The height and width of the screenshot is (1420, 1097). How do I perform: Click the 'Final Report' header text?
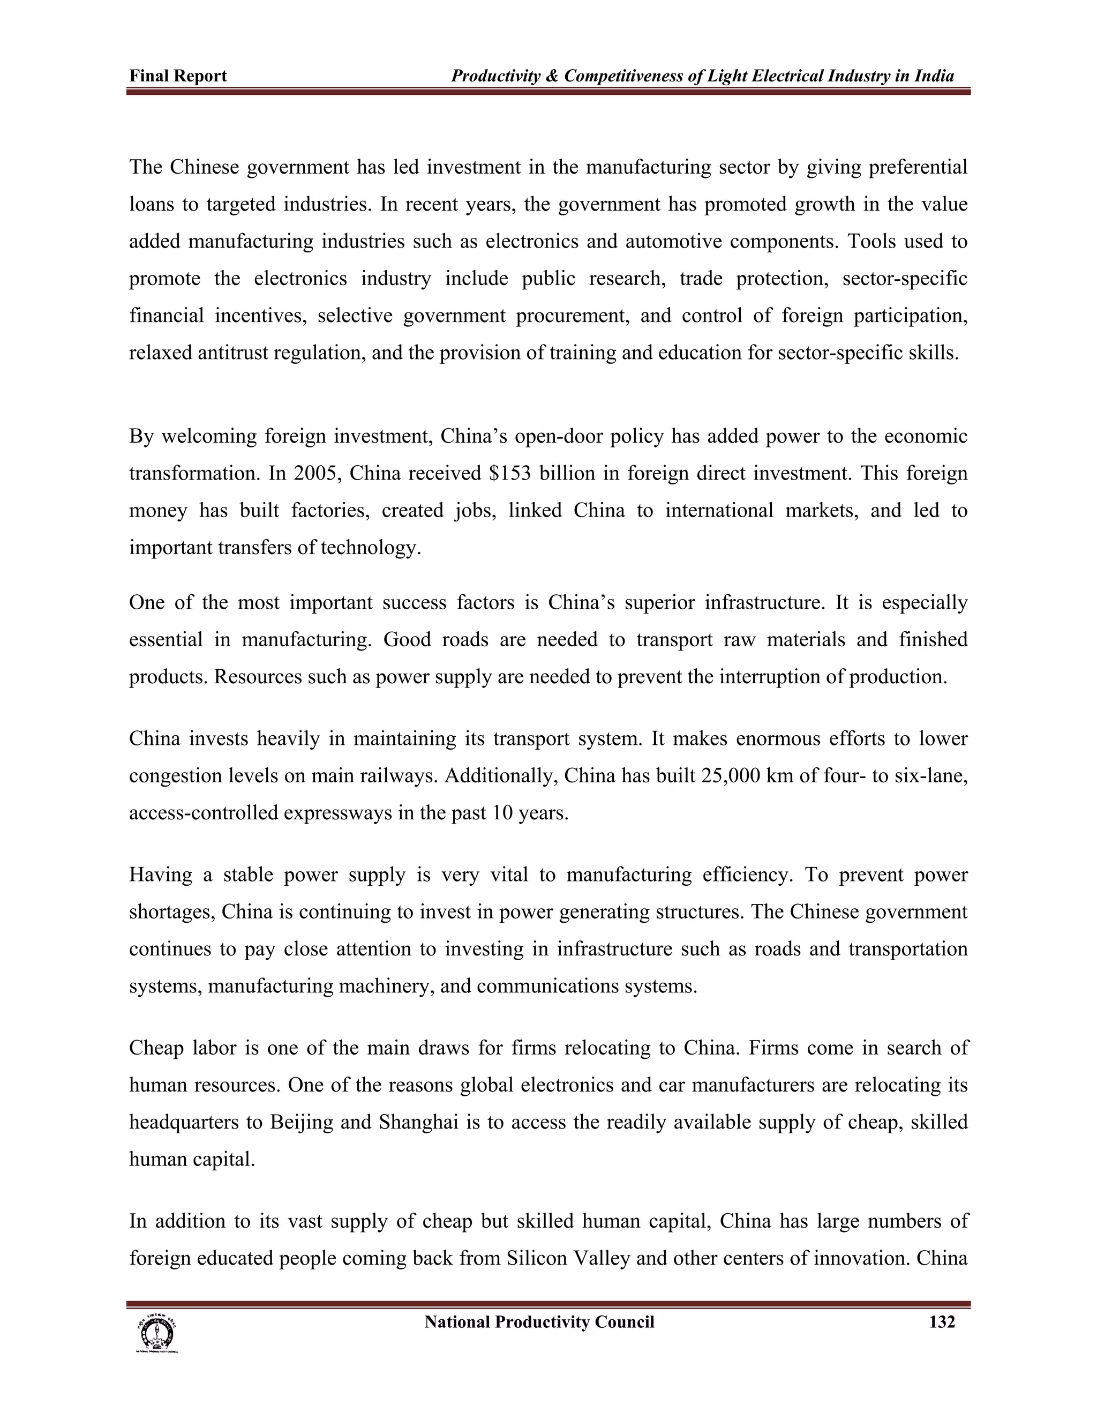177,76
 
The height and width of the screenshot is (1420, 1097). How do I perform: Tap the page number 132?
942,1322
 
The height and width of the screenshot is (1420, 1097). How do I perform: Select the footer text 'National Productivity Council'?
539,1322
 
